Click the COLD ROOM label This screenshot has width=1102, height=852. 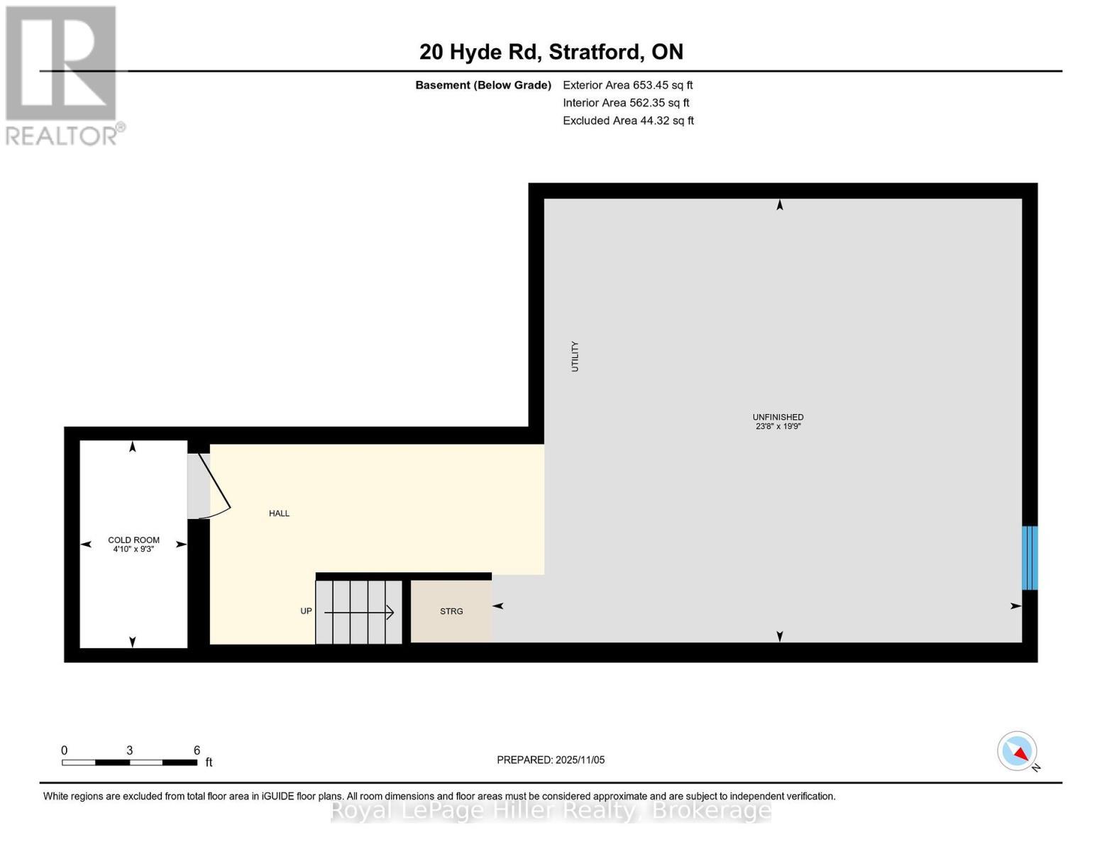point(133,540)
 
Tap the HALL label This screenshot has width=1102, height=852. point(279,513)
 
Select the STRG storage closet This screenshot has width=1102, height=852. point(451,611)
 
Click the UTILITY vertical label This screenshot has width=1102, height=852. point(575,356)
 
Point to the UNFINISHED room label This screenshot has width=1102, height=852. point(778,417)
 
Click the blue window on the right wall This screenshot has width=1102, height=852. point(1030,557)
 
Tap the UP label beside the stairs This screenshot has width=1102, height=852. point(306,611)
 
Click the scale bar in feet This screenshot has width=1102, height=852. point(129,763)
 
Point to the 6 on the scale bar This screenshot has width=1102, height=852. point(197,750)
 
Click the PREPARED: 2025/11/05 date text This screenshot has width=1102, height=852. point(551,760)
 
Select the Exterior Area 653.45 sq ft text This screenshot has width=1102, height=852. point(627,85)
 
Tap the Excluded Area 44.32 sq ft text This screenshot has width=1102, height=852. point(628,121)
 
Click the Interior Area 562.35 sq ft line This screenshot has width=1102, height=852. point(626,103)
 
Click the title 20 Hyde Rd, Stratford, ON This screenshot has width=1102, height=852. point(551,52)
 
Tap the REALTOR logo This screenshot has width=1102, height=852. point(62,75)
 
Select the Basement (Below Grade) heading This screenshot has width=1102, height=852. point(483,85)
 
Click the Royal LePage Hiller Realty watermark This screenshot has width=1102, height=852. point(551,810)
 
